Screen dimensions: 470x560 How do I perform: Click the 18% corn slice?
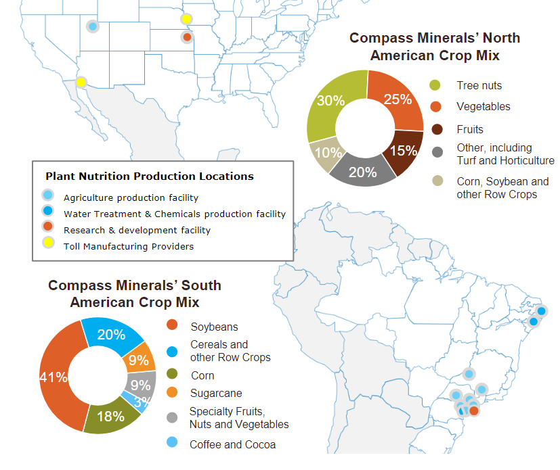tap(111, 415)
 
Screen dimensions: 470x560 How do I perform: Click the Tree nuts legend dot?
tap(436, 86)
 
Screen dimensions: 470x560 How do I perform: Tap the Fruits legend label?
tap(470, 129)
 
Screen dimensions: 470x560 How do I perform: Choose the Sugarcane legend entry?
tap(216, 393)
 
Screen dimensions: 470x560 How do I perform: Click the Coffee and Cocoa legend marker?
tap(172, 444)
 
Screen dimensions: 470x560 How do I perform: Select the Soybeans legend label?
tap(214, 327)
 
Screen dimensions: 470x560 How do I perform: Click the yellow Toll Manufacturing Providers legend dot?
tap(47, 246)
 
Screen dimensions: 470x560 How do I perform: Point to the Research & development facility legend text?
tap(137, 230)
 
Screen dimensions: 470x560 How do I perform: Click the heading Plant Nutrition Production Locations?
tap(150, 177)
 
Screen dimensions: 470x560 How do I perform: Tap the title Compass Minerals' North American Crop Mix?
tap(435, 47)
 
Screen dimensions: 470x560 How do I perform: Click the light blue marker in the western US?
tap(93, 26)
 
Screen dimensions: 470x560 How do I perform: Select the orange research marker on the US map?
tap(187, 37)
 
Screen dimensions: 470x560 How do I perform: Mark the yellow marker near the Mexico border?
tap(81, 83)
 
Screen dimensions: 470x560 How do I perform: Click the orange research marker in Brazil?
tap(474, 410)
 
